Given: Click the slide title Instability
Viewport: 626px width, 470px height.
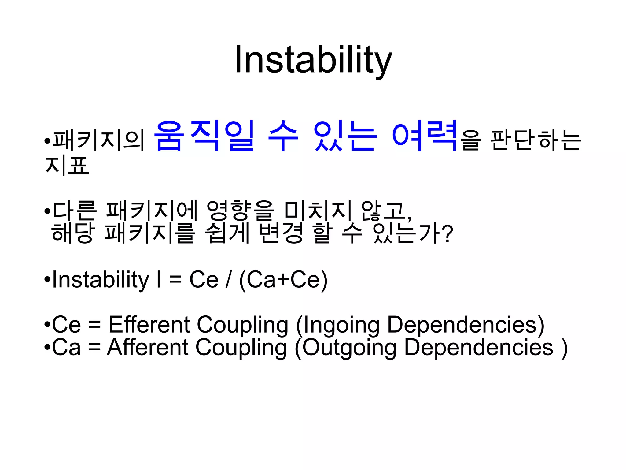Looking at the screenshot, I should (313, 60).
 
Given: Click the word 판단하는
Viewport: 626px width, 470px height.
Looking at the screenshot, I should (535, 140).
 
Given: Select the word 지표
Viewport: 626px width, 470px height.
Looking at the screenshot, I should (67, 165).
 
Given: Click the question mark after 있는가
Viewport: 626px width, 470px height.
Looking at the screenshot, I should (447, 234).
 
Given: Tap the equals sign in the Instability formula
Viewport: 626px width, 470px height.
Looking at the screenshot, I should (175, 280).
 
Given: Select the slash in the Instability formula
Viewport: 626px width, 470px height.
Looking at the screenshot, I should (228, 280).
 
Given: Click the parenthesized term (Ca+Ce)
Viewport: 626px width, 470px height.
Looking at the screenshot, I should (283, 280).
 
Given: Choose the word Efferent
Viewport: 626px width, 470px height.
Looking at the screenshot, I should (149, 325).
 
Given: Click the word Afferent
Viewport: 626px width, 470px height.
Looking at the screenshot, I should (148, 347).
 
